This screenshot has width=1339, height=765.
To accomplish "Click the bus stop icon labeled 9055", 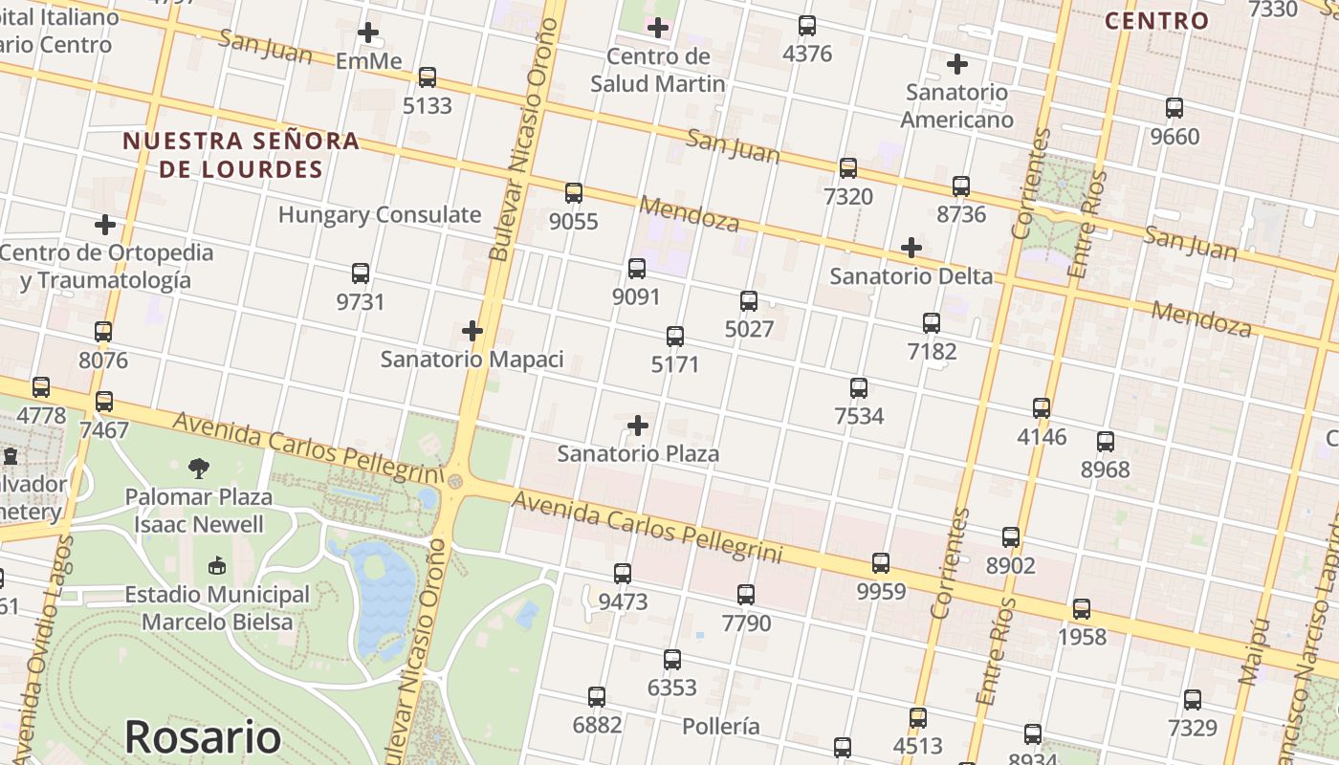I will pos(574,193).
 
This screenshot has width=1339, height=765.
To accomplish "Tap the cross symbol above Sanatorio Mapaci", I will pos(472,331).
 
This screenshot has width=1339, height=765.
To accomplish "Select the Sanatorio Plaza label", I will pos(638,453).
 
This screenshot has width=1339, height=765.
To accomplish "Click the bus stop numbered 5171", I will pos(675,337).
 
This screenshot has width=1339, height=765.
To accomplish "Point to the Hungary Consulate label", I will pos(380,214).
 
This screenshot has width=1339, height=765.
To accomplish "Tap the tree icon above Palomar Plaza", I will pos(199,468).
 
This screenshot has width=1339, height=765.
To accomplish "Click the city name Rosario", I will pos(203,737).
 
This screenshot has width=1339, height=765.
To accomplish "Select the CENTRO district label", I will pos(1157,20).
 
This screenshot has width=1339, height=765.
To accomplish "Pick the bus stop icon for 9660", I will pos(1174,108).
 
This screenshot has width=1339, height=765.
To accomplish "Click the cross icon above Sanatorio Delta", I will pos(911,249).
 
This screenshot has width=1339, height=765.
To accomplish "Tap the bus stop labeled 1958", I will pos(1082,609).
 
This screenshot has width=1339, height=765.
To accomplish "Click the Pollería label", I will pos(721,726).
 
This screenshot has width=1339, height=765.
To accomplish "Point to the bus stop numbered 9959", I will pos(881,563).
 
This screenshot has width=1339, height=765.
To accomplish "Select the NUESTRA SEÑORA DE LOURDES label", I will pos(241,155).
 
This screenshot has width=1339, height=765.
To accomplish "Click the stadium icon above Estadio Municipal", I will pos(217,566).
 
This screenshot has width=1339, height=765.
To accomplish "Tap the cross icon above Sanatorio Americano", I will pos(956,64).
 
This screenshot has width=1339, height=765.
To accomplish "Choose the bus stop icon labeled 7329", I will pos(1193,700).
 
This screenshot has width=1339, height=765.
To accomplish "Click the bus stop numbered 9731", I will pos(361,273).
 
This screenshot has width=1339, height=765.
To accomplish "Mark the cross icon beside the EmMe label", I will pos(368,33).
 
